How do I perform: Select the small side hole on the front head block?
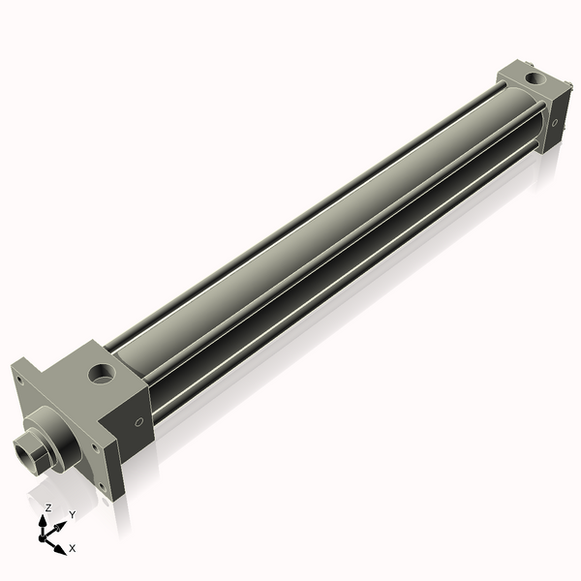click(x=138, y=422)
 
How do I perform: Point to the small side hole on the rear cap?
click(x=554, y=123)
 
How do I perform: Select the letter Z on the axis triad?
click(x=48, y=507)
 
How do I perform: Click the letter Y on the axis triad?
click(x=72, y=514)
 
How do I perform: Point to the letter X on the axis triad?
click(x=73, y=548)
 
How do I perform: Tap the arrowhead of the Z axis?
click(x=44, y=520)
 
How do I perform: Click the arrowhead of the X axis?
click(x=61, y=548)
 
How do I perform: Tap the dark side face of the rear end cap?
click(x=553, y=121)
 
